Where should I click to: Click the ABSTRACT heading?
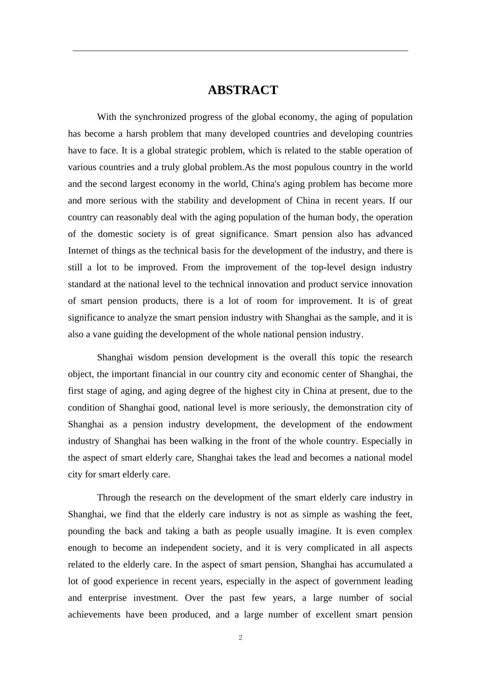pyautogui.click(x=243, y=90)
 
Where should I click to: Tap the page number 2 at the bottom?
pyautogui.click(x=240, y=637)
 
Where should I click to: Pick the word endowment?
pyautogui.click(x=390, y=424)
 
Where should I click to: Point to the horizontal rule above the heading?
pyautogui.click(x=240, y=51)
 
